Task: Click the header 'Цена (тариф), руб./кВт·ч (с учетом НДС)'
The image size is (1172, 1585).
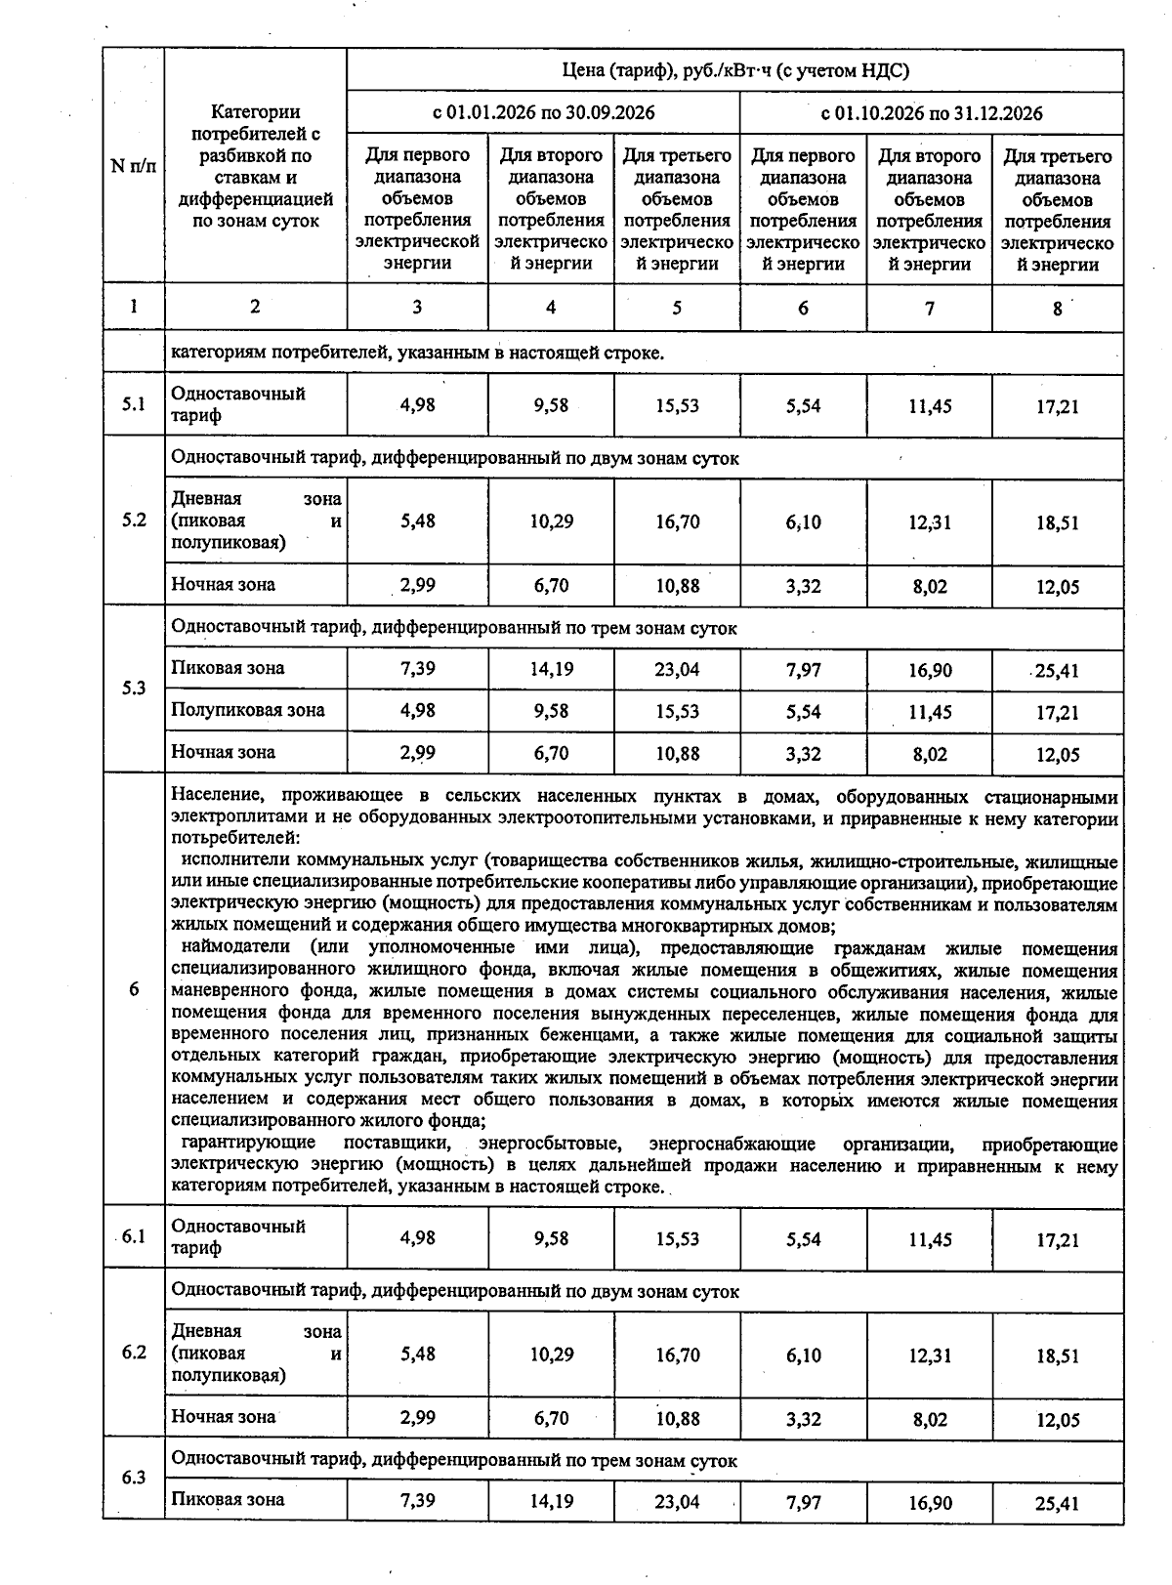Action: coord(734,70)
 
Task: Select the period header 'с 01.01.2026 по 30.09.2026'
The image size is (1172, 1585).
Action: coord(543,113)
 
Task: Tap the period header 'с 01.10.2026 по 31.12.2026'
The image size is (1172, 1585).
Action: coord(931,113)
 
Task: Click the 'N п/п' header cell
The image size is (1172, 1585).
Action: coord(133,166)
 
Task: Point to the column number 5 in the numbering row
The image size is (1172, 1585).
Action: coord(677,308)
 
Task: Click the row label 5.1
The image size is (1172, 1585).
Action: coord(133,403)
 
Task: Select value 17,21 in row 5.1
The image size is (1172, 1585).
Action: coord(1057,406)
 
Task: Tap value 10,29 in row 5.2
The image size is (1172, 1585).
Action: coord(551,521)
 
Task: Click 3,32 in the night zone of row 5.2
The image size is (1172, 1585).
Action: coord(803,586)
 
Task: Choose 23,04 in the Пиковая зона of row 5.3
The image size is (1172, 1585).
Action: coord(677,670)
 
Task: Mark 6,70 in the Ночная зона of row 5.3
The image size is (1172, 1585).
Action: coord(551,753)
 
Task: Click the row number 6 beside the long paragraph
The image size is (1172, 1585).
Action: coord(133,989)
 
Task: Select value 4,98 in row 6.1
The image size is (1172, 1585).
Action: coord(417,1237)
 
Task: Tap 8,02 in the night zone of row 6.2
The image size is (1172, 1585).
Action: coord(930,1419)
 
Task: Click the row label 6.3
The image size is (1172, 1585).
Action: coord(133,1477)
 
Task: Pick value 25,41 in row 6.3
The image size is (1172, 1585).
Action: coord(1057,1503)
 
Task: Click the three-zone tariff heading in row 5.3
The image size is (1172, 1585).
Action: coord(454,628)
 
